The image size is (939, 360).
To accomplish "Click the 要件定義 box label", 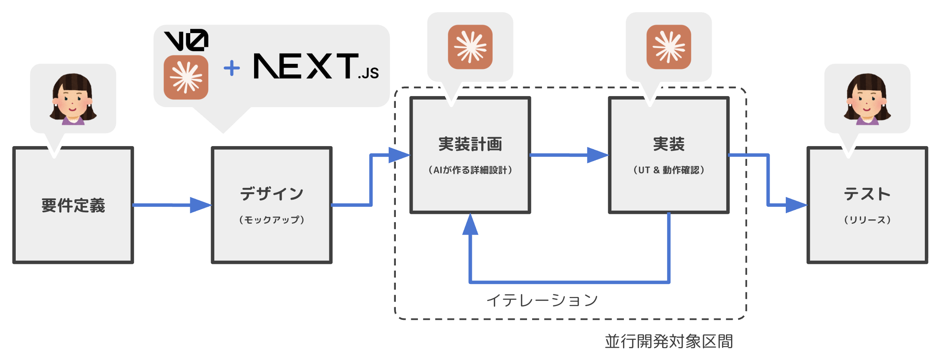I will (73, 206).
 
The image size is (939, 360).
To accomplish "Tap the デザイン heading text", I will (272, 194).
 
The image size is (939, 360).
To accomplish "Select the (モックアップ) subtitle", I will (272, 220).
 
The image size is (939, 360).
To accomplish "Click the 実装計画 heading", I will (470, 144).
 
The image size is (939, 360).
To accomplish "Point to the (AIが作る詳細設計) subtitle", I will (470, 170).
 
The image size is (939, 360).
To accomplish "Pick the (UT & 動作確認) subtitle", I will (669, 170).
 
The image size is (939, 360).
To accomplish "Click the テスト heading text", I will (867, 194).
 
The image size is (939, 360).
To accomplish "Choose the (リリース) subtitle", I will (867, 220).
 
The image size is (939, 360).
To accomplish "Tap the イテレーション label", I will (542, 301).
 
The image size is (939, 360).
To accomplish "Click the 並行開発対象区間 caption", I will (669, 341).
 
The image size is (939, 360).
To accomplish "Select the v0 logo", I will (186, 40).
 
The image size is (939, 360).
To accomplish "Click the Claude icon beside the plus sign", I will (186, 77).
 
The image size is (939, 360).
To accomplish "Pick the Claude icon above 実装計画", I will (470, 47).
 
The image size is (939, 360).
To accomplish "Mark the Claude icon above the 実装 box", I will (669, 47).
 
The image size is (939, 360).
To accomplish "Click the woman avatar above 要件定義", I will (73, 99).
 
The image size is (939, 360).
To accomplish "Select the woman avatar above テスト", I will (867, 99).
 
